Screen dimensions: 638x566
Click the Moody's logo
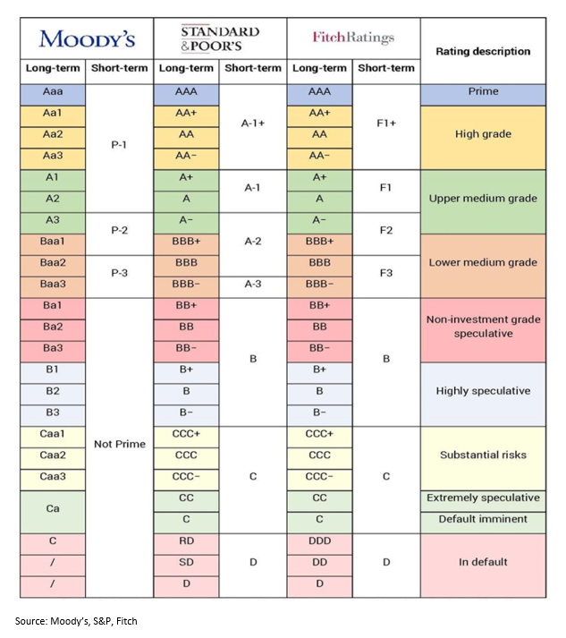pos(87,38)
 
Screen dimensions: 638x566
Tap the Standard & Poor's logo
pos(219,38)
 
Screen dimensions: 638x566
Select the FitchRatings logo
pos(352,38)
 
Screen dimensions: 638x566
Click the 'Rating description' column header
pos(482,51)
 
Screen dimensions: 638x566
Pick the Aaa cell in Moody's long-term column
pos(53,91)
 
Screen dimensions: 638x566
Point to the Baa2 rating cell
pos(53,262)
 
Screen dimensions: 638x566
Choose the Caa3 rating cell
pos(53,476)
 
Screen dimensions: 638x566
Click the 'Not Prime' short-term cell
pos(119,444)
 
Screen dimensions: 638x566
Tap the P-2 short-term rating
pos(119,231)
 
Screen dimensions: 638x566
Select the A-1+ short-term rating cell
pos(253,124)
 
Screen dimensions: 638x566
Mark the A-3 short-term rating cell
pos(253,284)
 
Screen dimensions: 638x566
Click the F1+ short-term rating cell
pos(386,124)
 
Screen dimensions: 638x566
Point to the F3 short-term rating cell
pos(386,273)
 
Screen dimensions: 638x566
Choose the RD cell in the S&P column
pos(186,540)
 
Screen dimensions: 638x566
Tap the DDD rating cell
pos(319,540)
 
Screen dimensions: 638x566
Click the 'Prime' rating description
pos(483,91)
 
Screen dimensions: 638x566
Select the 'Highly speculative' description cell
pos(483,391)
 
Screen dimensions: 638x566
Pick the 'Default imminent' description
pos(483,519)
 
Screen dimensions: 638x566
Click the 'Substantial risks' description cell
pos(483,455)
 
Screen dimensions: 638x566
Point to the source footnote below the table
pos(76,620)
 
